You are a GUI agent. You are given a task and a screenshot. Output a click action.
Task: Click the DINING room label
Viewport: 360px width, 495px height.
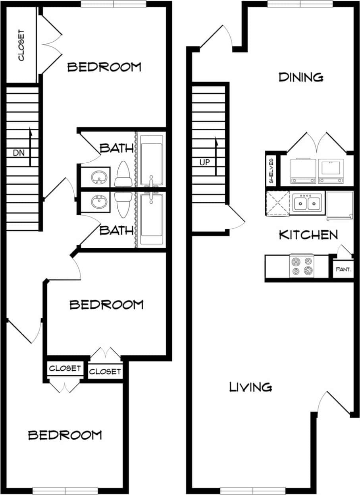click(300, 77)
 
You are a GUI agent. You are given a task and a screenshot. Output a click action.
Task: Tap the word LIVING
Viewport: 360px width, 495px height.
click(250, 387)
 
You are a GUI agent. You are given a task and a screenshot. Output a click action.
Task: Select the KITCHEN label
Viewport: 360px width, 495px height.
click(308, 235)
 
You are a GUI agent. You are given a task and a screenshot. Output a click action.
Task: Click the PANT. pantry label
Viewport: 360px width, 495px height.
click(343, 269)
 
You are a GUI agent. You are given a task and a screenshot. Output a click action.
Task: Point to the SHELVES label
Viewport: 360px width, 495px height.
click(271, 171)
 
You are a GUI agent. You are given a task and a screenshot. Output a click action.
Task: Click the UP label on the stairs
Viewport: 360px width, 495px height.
click(205, 162)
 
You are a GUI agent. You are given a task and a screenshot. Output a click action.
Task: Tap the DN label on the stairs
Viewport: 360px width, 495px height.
click(17, 152)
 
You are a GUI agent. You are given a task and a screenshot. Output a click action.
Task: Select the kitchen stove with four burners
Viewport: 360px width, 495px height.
click(302, 266)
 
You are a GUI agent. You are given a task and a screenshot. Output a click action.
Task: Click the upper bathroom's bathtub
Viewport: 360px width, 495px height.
click(151, 160)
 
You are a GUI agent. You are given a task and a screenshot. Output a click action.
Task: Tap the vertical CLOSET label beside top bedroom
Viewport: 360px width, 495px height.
click(21, 45)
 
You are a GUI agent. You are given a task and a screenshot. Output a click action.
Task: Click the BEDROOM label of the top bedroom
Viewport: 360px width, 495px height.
click(104, 67)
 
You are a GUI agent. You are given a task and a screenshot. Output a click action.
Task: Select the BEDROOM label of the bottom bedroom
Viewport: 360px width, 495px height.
click(65, 435)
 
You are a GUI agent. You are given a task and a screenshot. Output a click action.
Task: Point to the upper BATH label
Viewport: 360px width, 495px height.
click(116, 149)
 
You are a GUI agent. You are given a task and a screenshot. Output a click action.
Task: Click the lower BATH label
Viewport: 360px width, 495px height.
click(116, 230)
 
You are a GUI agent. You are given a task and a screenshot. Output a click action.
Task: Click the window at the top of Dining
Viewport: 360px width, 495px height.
click(300, 4)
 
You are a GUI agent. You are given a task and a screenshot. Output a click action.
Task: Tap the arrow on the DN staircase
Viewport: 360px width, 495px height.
click(30, 147)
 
